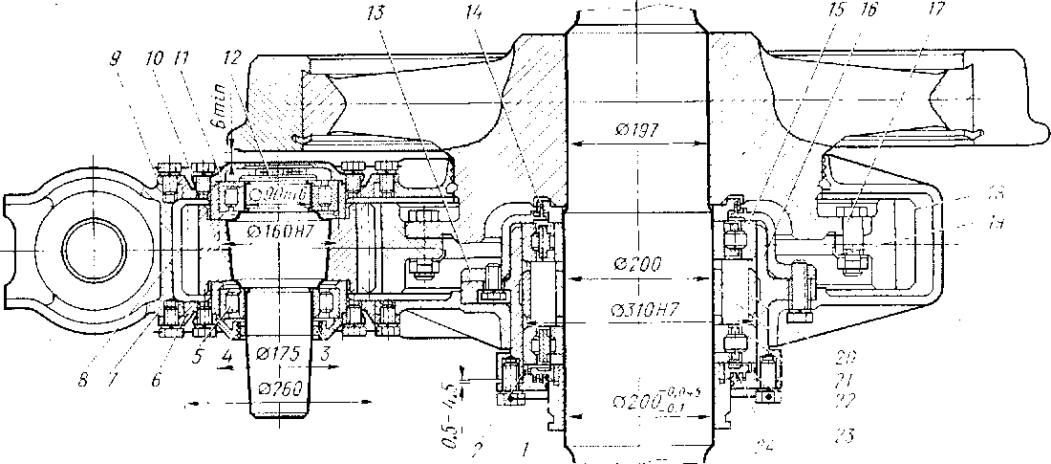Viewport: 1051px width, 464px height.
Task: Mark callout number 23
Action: click(x=843, y=436)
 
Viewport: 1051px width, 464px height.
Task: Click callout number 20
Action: click(x=843, y=356)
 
